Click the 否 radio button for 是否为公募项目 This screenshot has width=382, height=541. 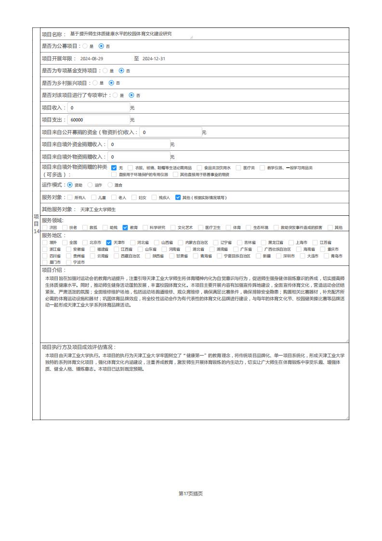pyautogui.click(x=101, y=46)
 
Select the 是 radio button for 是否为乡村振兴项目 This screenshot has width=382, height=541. pyautogui.click(x=95, y=83)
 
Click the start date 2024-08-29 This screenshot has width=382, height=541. pyautogui.click(x=92, y=59)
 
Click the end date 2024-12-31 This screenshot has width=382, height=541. pyautogui.click(x=154, y=59)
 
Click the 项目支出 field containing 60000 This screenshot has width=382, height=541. pyautogui.click(x=98, y=119)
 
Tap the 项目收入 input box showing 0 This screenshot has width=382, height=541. pyautogui.click(x=98, y=107)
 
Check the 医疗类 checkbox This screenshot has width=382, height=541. pyautogui.click(x=238, y=168)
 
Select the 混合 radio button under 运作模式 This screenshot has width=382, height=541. pyautogui.click(x=110, y=185)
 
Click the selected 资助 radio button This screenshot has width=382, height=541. pyautogui.click(x=70, y=185)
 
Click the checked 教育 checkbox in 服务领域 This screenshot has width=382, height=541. pyautogui.click(x=125, y=227)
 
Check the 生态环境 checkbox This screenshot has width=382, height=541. pyautogui.click(x=249, y=227)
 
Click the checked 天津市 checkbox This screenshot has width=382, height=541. pyautogui.click(x=109, y=242)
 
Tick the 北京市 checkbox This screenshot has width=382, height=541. pyautogui.click(x=85, y=242)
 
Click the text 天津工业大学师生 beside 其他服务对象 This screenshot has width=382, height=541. pyautogui.click(x=98, y=210)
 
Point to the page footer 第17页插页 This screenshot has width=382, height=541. pyautogui.click(x=191, y=493)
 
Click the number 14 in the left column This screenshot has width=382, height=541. pyautogui.click(x=36, y=231)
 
